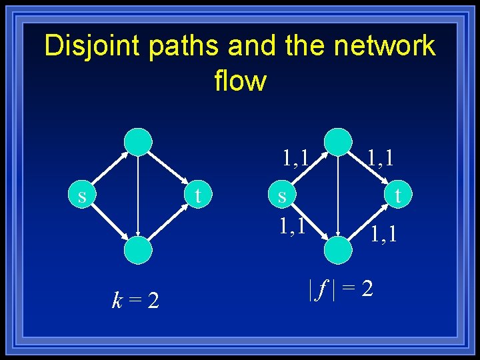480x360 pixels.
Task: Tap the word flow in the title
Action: click(x=240, y=81)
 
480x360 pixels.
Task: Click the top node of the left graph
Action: click(x=139, y=141)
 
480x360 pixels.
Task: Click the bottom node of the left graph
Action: click(x=138, y=251)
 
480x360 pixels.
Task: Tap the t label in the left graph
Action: click(x=197, y=196)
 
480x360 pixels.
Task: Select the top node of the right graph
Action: click(x=338, y=141)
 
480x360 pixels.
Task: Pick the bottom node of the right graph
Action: click(x=338, y=251)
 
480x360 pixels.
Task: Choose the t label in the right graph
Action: click(x=398, y=196)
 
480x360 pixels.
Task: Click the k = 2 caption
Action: click(x=135, y=301)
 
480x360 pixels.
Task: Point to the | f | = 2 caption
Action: click(x=340, y=288)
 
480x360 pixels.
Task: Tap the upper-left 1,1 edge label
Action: click(x=295, y=159)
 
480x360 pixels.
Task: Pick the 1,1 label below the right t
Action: click(x=384, y=233)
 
